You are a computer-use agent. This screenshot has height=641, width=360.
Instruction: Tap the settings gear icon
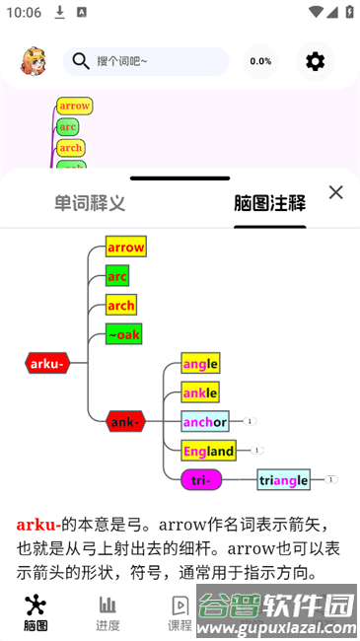click(x=315, y=61)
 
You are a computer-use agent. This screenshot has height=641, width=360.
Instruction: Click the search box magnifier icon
click(x=80, y=61)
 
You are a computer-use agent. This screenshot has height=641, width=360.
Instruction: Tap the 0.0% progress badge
click(x=260, y=61)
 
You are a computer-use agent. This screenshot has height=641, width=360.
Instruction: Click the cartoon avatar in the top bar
click(x=34, y=61)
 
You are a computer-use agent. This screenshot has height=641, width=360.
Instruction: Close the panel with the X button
click(x=335, y=192)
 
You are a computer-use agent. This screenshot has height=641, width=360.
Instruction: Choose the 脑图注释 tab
click(x=269, y=203)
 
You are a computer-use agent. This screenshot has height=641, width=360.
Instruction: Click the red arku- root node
click(x=47, y=363)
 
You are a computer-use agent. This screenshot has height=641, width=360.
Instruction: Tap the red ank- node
click(x=125, y=422)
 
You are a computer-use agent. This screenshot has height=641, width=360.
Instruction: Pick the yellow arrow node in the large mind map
click(x=126, y=247)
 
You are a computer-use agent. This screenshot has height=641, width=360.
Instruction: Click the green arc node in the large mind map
click(x=118, y=276)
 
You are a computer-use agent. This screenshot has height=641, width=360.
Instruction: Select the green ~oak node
click(x=123, y=334)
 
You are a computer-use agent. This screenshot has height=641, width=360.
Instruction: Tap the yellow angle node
click(x=200, y=363)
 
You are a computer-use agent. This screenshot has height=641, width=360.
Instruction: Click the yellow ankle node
click(x=200, y=392)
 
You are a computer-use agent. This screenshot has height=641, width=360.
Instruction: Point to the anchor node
click(x=205, y=422)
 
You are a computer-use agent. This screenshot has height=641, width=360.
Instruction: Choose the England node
click(x=208, y=451)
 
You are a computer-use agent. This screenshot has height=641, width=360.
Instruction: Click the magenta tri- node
click(x=201, y=480)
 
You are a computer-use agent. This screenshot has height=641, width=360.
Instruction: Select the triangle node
click(x=284, y=480)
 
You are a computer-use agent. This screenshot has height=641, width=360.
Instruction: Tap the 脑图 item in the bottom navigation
click(x=36, y=611)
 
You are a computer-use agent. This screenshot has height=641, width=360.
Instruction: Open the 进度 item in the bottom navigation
click(x=108, y=611)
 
